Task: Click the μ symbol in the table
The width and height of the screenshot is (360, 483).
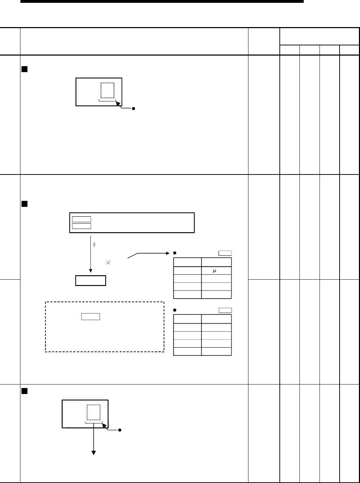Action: click(x=215, y=271)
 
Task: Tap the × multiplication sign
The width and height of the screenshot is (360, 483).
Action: click(x=108, y=263)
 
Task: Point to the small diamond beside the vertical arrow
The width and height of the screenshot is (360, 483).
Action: click(x=94, y=243)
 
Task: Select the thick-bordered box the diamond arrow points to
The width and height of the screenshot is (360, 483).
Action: click(x=91, y=280)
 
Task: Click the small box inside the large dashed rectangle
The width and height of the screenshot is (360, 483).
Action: click(x=91, y=316)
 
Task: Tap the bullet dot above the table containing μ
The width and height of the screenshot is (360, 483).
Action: click(x=175, y=253)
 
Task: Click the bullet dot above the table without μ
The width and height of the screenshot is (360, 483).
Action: click(x=175, y=310)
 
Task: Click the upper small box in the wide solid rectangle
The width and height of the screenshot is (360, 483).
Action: click(x=81, y=219)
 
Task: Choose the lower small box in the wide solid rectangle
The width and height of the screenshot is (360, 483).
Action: click(x=81, y=226)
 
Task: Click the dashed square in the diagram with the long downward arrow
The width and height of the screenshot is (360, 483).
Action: click(x=94, y=412)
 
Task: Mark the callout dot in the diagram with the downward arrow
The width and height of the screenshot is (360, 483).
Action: click(x=120, y=430)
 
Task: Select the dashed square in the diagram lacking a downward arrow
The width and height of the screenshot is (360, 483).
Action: click(x=108, y=90)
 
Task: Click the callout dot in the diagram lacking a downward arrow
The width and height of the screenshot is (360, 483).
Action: click(x=134, y=108)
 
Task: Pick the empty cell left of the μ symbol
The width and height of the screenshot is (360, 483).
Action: click(x=187, y=271)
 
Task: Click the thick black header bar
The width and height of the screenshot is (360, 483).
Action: click(x=162, y=1)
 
